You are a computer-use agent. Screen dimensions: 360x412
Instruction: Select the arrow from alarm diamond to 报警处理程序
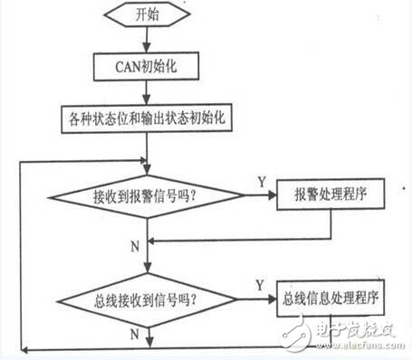pos(258,195)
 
